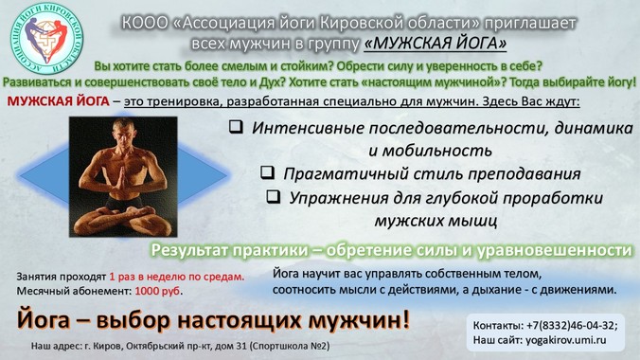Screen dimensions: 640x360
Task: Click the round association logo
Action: (x=47, y=39)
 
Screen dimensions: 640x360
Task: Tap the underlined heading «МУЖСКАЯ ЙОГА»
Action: (x=436, y=43)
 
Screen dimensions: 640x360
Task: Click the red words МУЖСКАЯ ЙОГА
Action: (x=59, y=101)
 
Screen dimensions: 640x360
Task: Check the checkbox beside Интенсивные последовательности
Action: (x=236, y=127)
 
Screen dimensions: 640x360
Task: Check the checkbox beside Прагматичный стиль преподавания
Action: (x=267, y=172)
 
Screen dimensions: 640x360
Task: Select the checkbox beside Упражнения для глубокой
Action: (x=274, y=196)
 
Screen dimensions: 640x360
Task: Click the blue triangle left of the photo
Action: (x=44, y=175)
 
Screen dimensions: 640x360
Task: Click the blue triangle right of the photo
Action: (x=203, y=175)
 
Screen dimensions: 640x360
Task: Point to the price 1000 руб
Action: (x=157, y=291)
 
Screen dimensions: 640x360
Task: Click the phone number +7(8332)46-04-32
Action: (x=572, y=326)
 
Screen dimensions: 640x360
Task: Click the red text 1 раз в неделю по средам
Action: (x=177, y=277)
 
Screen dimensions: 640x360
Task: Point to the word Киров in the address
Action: (x=107, y=346)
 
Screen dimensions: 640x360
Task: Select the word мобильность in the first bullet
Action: (x=430, y=151)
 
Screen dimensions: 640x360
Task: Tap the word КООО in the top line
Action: (x=145, y=24)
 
